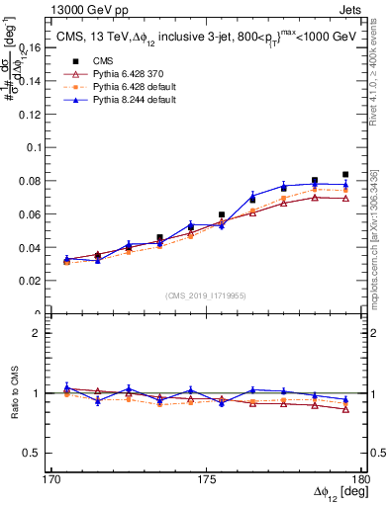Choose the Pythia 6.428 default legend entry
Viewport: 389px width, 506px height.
tap(124, 87)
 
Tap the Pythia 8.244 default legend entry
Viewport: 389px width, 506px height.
tap(124, 100)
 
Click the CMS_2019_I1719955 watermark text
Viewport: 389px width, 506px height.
tap(206, 295)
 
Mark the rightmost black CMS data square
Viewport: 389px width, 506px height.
tap(345, 174)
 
